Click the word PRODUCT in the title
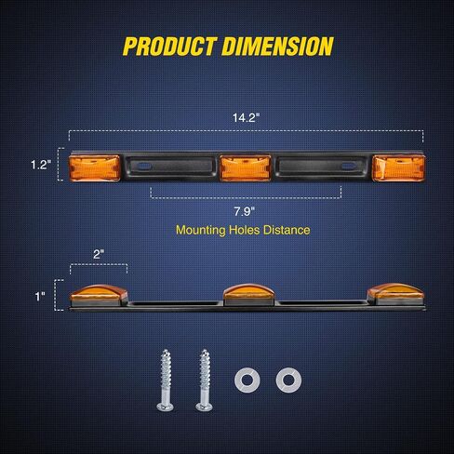click(x=169, y=47)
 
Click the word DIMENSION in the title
click(x=277, y=47)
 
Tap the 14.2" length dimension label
click(x=246, y=117)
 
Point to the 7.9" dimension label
click(x=245, y=211)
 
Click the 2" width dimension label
click(x=99, y=254)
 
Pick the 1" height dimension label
click(x=40, y=297)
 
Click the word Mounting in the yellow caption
click(x=201, y=230)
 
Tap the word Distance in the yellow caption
click(x=287, y=230)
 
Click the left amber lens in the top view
click(x=95, y=167)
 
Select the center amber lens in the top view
click(x=246, y=167)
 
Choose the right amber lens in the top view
click(x=399, y=167)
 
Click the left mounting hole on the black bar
click(x=143, y=167)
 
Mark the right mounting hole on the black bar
click(x=349, y=167)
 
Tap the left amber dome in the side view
click(x=99, y=292)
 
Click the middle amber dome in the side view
click(x=248, y=291)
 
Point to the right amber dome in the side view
click(x=395, y=290)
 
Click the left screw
click(x=166, y=381)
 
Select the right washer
click(x=288, y=380)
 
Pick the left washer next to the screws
click(x=247, y=380)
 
